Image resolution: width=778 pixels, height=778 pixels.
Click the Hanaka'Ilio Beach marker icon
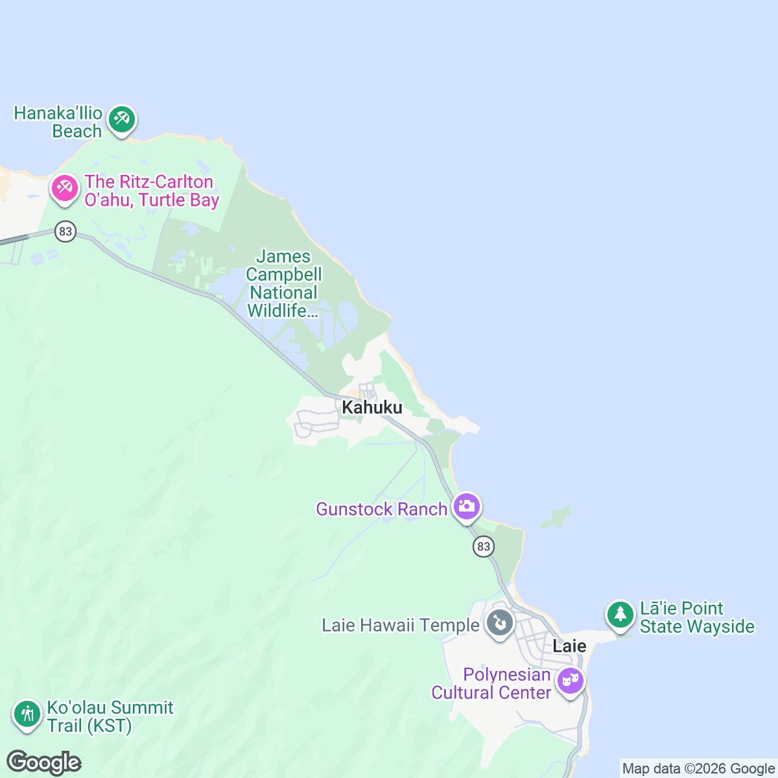[x=121, y=119]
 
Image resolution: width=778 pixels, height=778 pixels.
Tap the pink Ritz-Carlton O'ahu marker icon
[x=65, y=189]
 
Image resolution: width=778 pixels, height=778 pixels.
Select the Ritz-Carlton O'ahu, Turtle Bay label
[x=152, y=191]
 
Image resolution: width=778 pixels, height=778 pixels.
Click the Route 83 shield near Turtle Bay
[x=65, y=231]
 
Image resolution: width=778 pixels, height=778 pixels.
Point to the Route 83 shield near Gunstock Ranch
[x=483, y=547]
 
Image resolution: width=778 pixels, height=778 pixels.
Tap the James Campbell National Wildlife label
[x=283, y=284]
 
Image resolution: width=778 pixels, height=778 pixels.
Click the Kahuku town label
[x=372, y=407]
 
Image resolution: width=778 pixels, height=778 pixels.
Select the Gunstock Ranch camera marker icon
[x=467, y=506]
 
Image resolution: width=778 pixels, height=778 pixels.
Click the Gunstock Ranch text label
[x=381, y=509]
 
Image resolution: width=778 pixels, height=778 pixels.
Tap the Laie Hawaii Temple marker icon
[x=500, y=623]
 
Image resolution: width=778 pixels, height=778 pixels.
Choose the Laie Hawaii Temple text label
[x=400, y=625]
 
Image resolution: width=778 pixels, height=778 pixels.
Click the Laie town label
[x=569, y=646]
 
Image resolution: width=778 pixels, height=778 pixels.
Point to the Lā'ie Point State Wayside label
[x=697, y=617]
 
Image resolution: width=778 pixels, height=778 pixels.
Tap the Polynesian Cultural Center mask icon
[x=571, y=681]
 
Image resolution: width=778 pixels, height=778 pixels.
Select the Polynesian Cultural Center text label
[x=491, y=684]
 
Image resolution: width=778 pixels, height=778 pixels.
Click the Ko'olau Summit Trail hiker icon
[x=27, y=714]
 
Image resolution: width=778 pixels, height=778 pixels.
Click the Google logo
[x=44, y=763]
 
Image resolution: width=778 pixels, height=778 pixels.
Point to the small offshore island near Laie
[x=556, y=517]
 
